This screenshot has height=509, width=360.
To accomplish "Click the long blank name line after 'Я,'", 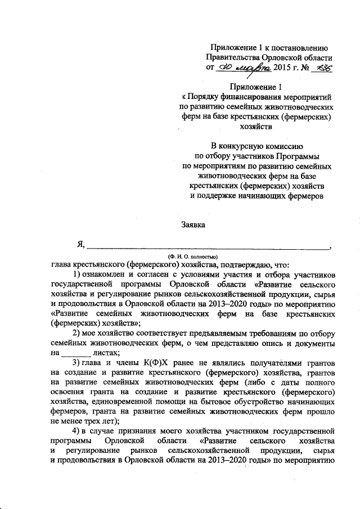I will coord(208,247).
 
